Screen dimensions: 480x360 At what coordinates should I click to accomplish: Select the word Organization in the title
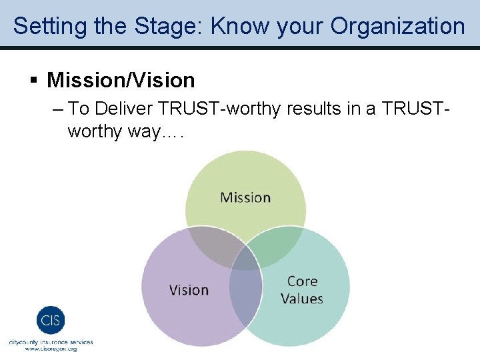(397, 26)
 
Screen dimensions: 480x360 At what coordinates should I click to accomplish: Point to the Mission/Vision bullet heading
(121, 81)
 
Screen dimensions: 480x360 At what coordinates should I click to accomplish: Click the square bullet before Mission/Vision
(34, 81)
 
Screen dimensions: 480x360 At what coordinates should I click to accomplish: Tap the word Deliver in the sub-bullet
(127, 109)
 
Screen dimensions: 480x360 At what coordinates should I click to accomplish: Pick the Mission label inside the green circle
(245, 197)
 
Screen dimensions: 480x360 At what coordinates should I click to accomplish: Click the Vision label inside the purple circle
(189, 290)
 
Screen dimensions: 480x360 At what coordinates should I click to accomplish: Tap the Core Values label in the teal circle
(302, 290)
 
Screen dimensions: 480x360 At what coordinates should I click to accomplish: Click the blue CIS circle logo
(51, 321)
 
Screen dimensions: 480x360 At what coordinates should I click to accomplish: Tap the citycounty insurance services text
(51, 342)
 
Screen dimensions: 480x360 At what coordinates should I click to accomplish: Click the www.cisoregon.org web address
(51, 349)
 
